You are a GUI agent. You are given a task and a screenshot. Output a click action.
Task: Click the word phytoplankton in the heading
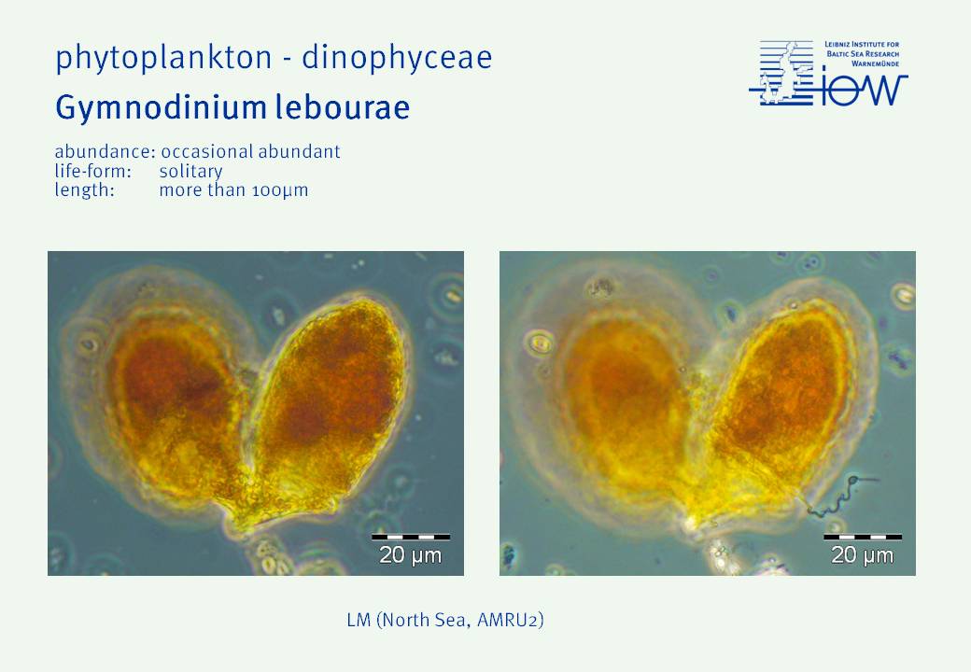(x=163, y=58)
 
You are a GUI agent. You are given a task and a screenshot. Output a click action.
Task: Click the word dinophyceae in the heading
(x=397, y=58)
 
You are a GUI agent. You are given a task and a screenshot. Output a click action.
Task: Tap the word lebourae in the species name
(x=343, y=106)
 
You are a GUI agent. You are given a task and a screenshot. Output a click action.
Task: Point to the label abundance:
(x=105, y=151)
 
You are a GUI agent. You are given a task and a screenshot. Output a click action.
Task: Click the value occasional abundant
(x=250, y=152)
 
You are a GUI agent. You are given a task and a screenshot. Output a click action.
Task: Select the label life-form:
(x=92, y=171)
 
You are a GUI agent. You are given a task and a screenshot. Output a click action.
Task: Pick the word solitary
(x=190, y=172)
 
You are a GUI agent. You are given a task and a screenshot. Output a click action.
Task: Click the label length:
(x=84, y=190)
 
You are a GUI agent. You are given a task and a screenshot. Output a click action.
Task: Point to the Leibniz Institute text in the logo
(x=862, y=54)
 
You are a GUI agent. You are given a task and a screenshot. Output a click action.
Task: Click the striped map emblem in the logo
(x=781, y=73)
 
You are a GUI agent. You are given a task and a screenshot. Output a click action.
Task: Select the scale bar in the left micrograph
(x=411, y=537)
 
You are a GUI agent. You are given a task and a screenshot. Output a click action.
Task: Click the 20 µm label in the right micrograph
(x=862, y=555)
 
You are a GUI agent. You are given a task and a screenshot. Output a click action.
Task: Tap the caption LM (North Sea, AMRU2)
(x=445, y=620)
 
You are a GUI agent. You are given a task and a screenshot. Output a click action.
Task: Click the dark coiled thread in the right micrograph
(x=838, y=494)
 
